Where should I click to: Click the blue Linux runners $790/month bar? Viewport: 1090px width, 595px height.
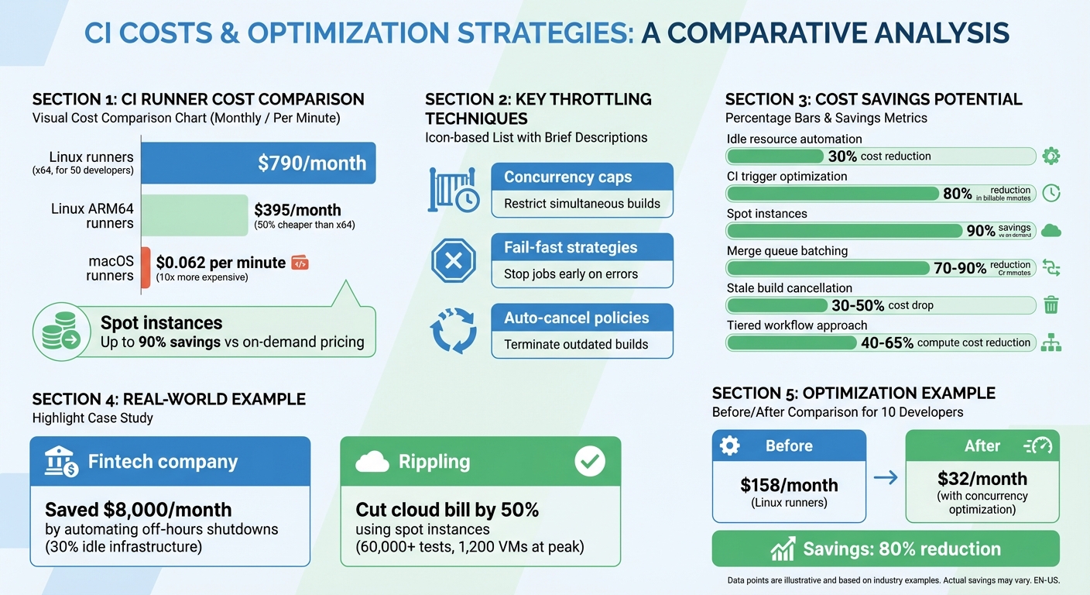(259, 163)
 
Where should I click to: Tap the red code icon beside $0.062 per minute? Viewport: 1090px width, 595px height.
(300, 263)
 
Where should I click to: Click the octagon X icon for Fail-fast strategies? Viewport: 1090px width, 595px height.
(453, 260)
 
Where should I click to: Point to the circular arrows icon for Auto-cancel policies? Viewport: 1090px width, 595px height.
(453, 331)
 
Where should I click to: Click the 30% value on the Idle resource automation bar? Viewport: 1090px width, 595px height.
(842, 156)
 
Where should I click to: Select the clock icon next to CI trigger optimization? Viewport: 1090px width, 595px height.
(1051, 193)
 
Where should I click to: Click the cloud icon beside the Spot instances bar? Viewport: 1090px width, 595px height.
(1051, 230)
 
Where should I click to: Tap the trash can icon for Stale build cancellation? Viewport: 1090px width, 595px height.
(1051, 305)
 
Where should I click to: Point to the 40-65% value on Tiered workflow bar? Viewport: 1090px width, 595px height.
(887, 342)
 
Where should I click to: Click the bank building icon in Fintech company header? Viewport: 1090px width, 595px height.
(61, 463)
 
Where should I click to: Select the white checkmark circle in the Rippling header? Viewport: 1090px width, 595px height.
(590, 462)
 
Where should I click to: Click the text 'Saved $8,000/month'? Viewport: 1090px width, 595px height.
(139, 509)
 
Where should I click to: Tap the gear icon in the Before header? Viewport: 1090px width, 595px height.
(729, 446)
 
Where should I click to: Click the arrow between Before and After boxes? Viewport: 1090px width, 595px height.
(886, 478)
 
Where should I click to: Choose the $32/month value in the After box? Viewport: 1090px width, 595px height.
(982, 479)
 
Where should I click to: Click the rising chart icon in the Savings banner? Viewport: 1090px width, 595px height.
(783, 549)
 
